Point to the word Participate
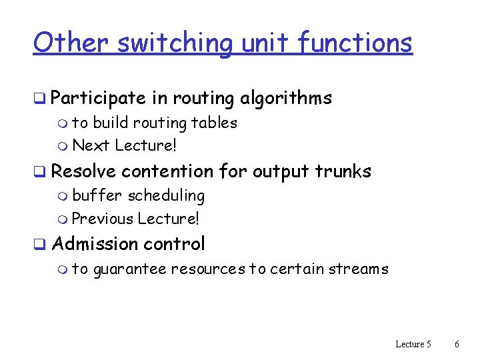[x=98, y=99]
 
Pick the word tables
[x=214, y=123]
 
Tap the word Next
[x=91, y=145]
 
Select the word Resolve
[x=83, y=171]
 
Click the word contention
[x=167, y=171]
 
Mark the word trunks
[x=343, y=171]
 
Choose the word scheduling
[x=166, y=196]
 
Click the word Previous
[x=101, y=218]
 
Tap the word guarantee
[x=129, y=269]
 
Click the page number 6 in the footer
[x=457, y=344]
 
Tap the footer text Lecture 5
[x=413, y=344]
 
